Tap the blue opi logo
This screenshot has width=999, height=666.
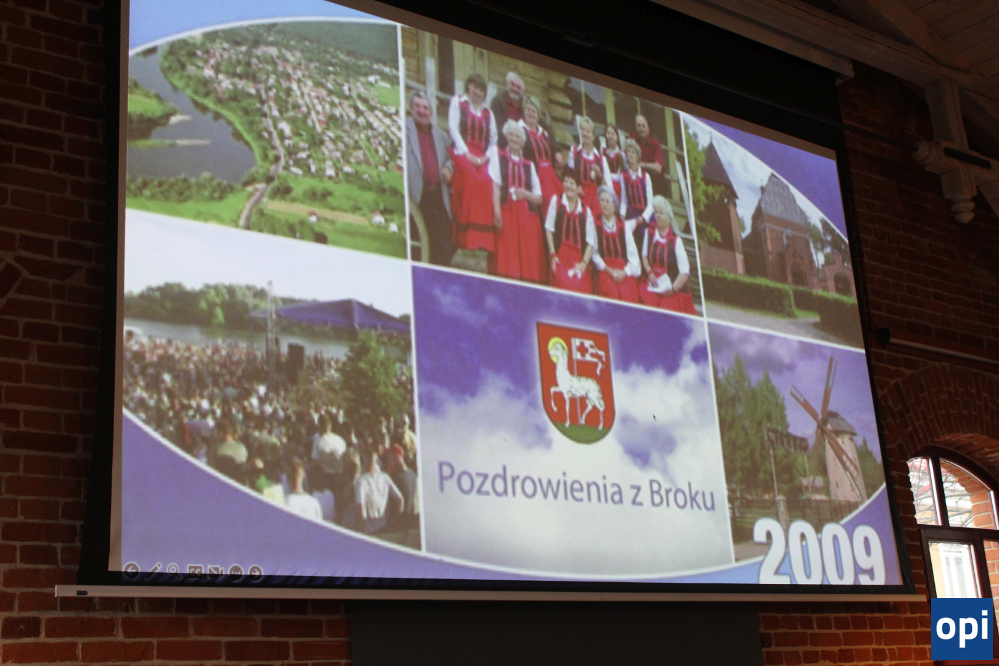coord(962,628)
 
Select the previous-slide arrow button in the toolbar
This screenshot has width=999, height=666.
coord(131,570)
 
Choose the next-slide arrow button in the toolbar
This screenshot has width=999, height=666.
coord(255,572)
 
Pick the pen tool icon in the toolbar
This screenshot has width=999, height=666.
coord(154,570)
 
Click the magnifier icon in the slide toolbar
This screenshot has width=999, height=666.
coord(174,570)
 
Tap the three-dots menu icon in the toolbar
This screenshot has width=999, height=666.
coord(236,572)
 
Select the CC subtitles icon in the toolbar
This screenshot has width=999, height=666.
coord(194,571)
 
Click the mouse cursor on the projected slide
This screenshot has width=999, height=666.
coord(655,417)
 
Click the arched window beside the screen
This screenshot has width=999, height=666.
coord(952,522)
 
